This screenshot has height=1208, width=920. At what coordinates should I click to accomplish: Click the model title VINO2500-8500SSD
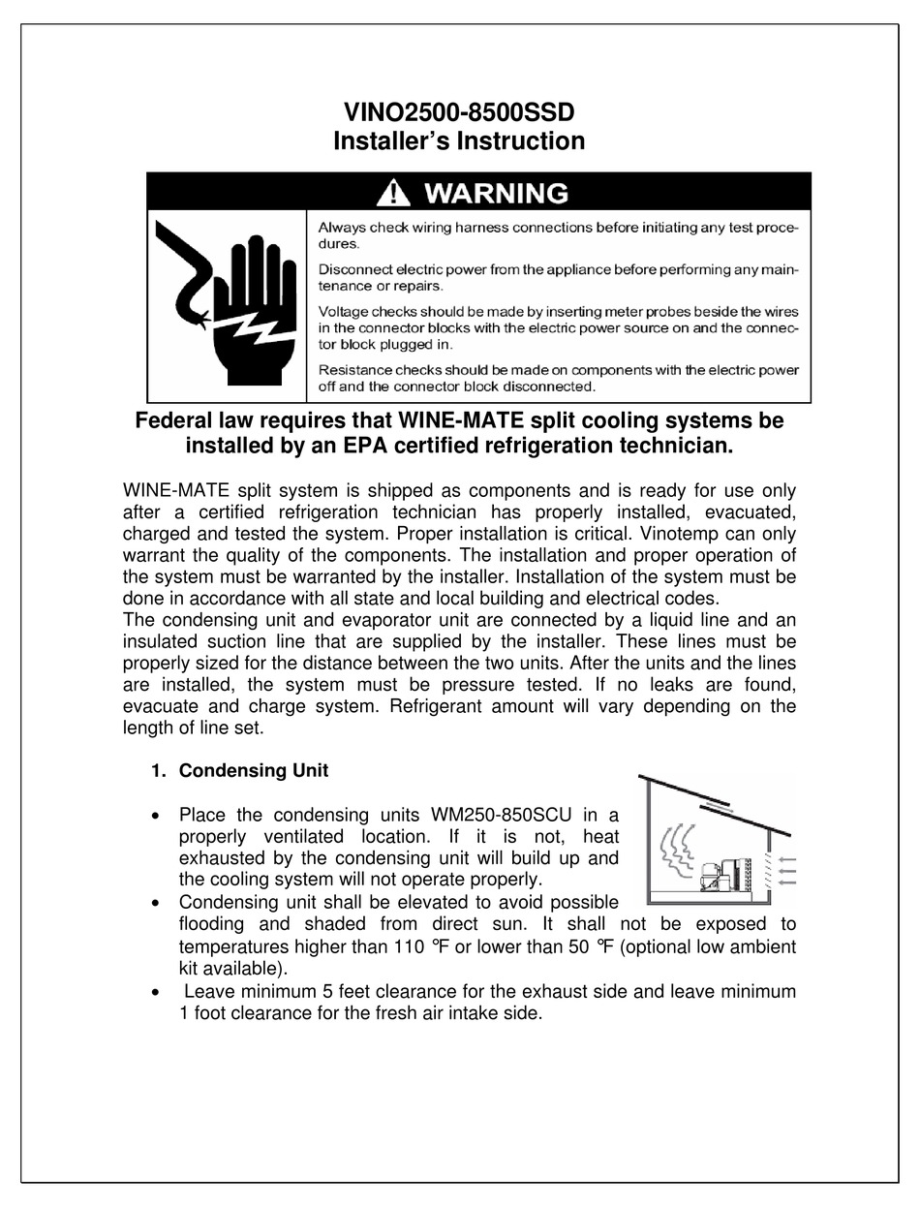(x=459, y=111)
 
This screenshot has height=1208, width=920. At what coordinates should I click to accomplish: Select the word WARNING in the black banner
(x=496, y=193)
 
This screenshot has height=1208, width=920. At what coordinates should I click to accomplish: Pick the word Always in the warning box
(x=339, y=228)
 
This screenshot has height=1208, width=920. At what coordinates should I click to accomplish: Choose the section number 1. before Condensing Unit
(x=159, y=771)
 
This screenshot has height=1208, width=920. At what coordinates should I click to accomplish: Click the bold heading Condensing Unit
(x=254, y=771)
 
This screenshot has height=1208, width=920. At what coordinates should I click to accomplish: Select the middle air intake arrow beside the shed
(x=787, y=870)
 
